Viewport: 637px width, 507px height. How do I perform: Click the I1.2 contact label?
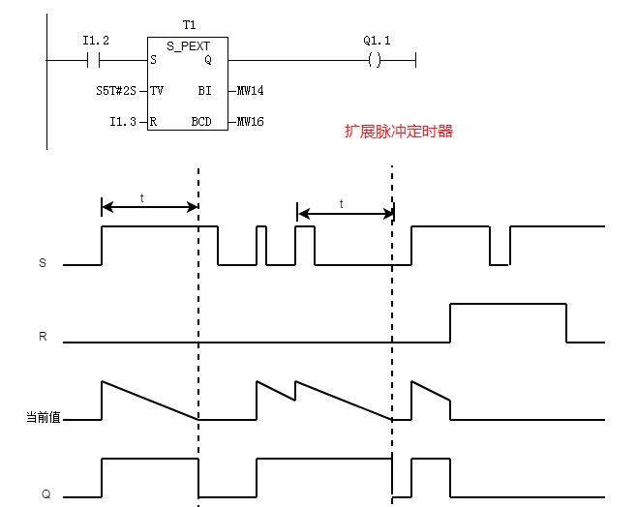[95, 41]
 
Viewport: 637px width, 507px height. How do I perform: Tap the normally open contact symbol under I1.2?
[95, 60]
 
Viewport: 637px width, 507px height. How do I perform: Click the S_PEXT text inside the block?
[188, 45]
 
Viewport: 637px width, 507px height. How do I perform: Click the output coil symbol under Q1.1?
[375, 60]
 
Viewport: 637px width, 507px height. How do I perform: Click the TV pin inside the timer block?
[158, 91]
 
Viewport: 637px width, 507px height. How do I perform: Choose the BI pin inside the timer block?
[205, 91]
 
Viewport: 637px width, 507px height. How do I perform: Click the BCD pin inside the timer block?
[202, 122]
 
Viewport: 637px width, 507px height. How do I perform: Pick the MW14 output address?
[251, 91]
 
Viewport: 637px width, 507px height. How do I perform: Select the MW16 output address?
[251, 122]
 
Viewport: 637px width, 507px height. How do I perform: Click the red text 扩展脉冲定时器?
[398, 131]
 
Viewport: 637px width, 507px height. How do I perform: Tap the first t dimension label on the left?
[142, 196]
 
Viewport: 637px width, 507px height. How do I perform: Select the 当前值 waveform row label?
[43, 418]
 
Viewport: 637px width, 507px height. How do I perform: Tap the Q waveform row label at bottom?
[45, 493]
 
